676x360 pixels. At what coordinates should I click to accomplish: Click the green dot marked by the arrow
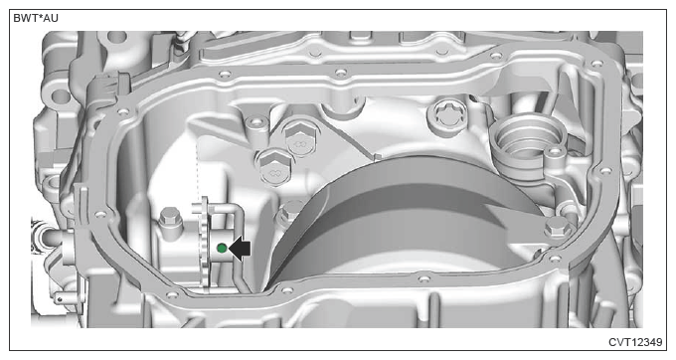pos(222,248)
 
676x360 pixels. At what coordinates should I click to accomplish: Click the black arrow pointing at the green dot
pos(240,249)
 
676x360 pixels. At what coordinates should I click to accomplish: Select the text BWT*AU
pos(36,18)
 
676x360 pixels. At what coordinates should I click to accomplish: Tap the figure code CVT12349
pos(635,342)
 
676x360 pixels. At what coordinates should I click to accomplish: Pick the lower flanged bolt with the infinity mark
pos(274,167)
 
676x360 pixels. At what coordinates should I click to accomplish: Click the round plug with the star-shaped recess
pos(447,115)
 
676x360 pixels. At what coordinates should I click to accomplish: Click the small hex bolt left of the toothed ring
pos(169,219)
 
